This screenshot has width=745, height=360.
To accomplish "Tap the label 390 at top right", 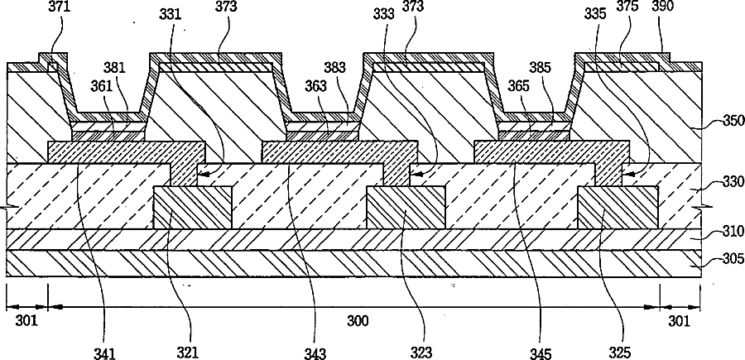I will pyautogui.click(x=663, y=7).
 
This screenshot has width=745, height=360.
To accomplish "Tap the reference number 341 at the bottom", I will pyautogui.click(x=104, y=353).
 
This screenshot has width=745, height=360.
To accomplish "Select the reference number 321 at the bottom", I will pyautogui.click(x=188, y=353).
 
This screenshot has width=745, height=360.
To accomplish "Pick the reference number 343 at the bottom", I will pyautogui.click(x=315, y=353).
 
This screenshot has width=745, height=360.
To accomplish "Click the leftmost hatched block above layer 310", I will pyautogui.click(x=193, y=207).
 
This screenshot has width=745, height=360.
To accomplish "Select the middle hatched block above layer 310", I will pyautogui.click(x=406, y=207).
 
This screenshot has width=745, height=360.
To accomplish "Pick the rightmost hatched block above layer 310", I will pyautogui.click(x=618, y=207).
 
